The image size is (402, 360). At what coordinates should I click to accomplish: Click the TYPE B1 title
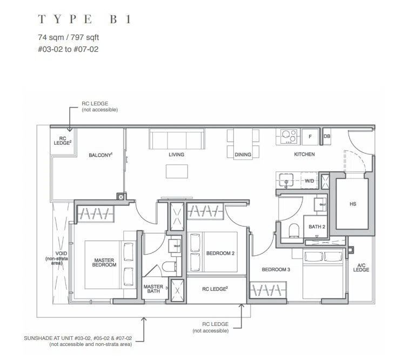[x=85, y=19]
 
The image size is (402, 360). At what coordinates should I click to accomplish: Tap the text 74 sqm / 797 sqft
[x=68, y=37]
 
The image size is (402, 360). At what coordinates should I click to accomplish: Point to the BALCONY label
[x=100, y=155]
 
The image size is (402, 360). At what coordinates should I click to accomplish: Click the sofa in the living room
[x=177, y=139]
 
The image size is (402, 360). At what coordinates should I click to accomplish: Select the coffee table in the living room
[x=177, y=171]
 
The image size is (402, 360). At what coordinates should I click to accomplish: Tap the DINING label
[x=243, y=155]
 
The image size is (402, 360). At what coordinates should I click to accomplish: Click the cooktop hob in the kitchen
[x=289, y=136]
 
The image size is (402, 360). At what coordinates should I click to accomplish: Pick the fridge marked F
[x=310, y=137]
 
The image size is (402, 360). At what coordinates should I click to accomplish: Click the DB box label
[x=327, y=136]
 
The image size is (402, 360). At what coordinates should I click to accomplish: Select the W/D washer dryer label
[x=310, y=181]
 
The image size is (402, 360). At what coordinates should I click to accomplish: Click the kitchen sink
[x=286, y=180]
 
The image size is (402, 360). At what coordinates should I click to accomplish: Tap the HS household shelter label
[x=353, y=204]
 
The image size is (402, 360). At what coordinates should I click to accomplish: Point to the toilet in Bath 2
[x=294, y=230]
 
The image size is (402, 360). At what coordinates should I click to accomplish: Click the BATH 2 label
[x=317, y=226]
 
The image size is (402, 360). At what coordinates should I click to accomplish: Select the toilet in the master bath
[x=169, y=266]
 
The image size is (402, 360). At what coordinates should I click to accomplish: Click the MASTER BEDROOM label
[x=104, y=263]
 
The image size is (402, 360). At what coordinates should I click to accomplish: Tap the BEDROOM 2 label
[x=220, y=254]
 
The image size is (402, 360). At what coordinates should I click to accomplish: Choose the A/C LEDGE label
[x=361, y=268]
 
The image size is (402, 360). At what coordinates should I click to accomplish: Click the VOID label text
[x=61, y=254]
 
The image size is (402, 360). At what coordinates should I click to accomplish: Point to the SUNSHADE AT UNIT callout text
[x=78, y=338]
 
